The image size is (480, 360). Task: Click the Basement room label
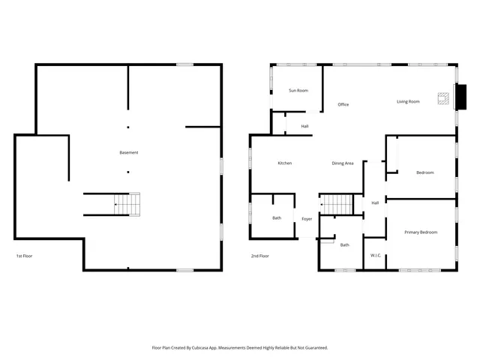coord(129,153)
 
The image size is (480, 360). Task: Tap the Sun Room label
coord(298,91)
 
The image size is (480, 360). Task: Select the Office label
coord(343,104)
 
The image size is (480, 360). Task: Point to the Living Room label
coord(408,101)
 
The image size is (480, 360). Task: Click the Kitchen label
coord(285,163)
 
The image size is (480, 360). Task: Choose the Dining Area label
coord(343,163)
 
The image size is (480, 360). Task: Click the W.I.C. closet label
coord(376,256)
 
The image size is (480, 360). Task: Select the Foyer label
coord(307,219)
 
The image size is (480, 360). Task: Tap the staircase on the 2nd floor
coord(337,203)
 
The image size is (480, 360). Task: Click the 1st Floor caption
coord(24,256)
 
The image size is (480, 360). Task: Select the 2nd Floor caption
coord(259,256)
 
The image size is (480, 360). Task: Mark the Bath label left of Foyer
coord(277,218)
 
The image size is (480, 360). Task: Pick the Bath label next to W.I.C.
coord(344,245)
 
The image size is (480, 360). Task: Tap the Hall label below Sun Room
coord(304,126)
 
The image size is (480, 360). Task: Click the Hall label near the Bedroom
coord(374,202)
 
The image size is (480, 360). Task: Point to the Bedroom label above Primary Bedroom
coord(424,172)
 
